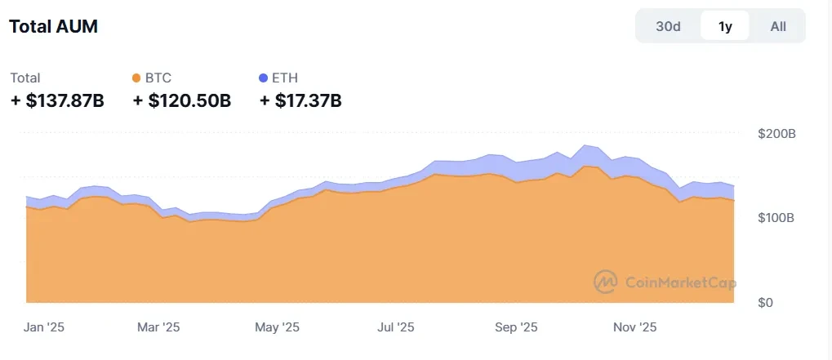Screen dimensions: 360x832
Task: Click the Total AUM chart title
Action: (x=53, y=26)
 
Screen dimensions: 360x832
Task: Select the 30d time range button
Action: (x=668, y=26)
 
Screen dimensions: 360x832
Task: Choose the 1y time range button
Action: (x=725, y=26)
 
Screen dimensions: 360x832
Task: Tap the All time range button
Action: (x=778, y=26)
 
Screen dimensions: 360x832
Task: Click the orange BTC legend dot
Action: (x=136, y=78)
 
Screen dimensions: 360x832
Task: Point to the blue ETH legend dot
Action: (x=263, y=78)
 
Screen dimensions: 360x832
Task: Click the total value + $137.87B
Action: (x=57, y=101)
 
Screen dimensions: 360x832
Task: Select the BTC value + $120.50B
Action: (x=181, y=101)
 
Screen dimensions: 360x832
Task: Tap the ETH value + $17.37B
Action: (x=300, y=101)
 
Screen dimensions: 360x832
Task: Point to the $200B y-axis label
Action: (x=776, y=133)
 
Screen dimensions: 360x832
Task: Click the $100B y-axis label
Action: (x=776, y=218)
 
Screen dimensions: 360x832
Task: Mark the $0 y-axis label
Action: (x=787, y=303)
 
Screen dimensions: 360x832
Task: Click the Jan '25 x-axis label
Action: (x=44, y=327)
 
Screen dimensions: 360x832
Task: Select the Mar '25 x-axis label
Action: (x=158, y=327)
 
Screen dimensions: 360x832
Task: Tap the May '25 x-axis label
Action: (x=278, y=327)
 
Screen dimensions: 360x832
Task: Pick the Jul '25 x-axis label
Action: (x=395, y=327)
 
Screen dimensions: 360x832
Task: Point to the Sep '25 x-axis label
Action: (x=516, y=327)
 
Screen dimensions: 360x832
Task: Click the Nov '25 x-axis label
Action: (x=635, y=327)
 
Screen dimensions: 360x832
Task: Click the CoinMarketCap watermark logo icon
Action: (x=606, y=282)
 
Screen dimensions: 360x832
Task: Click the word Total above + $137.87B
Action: (x=25, y=78)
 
